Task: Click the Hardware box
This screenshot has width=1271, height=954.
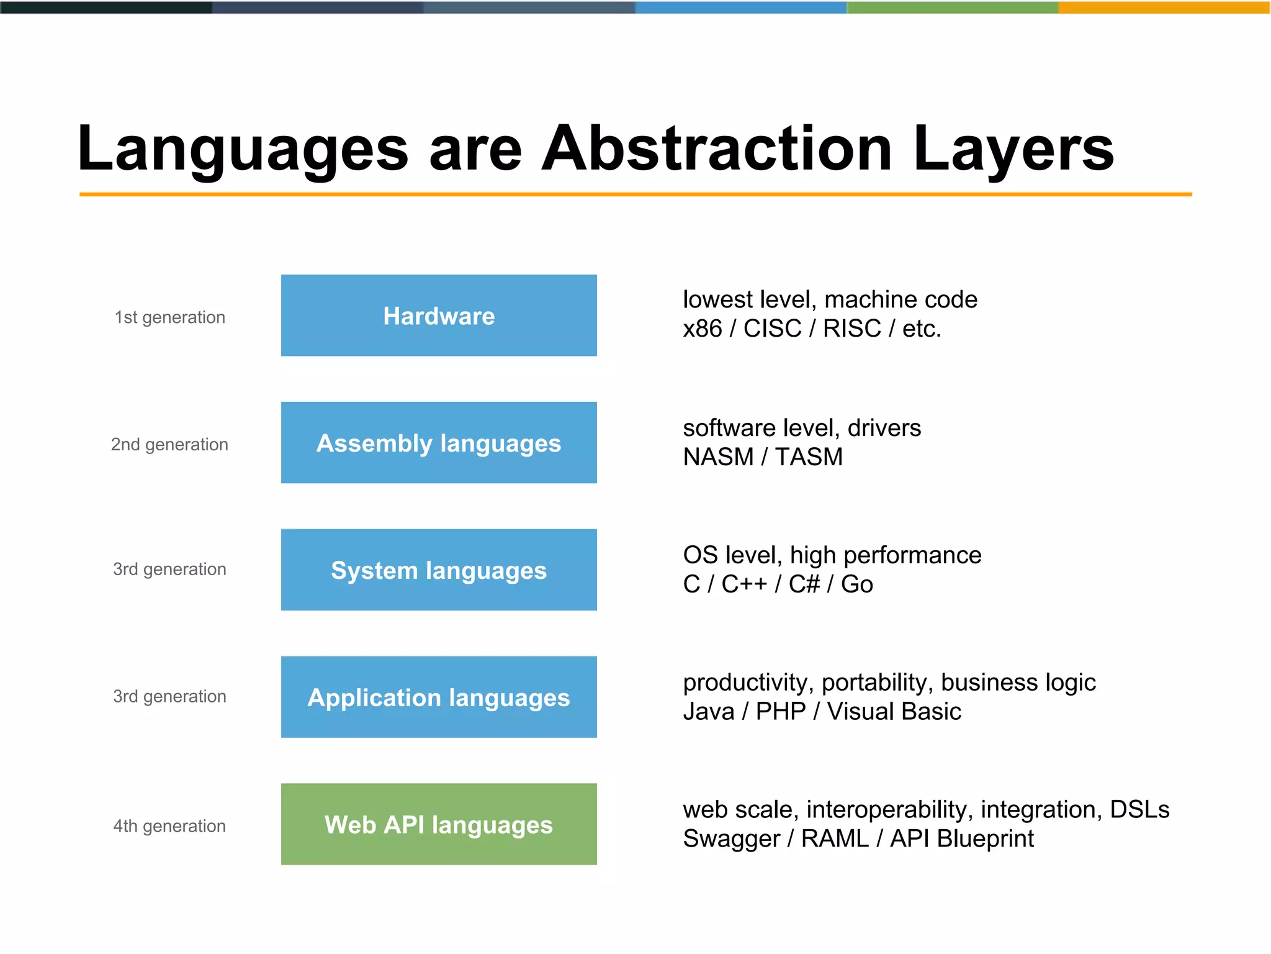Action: click(x=439, y=316)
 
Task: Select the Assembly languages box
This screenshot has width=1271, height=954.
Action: click(x=439, y=443)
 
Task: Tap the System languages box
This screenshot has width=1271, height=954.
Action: click(x=439, y=570)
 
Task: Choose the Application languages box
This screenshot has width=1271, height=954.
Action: click(x=439, y=697)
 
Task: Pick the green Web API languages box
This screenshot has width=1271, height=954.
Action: click(x=439, y=824)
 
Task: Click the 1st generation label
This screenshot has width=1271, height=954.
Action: click(x=169, y=317)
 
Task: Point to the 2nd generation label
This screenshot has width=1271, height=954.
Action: click(x=169, y=445)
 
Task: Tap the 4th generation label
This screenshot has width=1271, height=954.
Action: click(x=169, y=826)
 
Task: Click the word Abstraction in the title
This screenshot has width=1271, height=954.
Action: click(x=717, y=149)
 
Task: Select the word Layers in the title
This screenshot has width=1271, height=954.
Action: click(x=1013, y=149)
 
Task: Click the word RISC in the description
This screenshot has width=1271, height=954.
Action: click(x=851, y=329)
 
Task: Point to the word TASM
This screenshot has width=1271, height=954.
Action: click(x=809, y=457)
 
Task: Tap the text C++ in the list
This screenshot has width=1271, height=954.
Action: click(x=743, y=584)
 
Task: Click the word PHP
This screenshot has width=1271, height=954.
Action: click(x=780, y=712)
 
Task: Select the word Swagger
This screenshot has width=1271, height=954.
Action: click(x=731, y=839)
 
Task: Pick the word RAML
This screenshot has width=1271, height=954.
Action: click(x=835, y=839)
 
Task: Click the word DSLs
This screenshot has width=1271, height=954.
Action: click(x=1139, y=810)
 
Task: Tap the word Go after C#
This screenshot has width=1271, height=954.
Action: click(x=856, y=584)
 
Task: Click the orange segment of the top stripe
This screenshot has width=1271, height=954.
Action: click(x=1164, y=7)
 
